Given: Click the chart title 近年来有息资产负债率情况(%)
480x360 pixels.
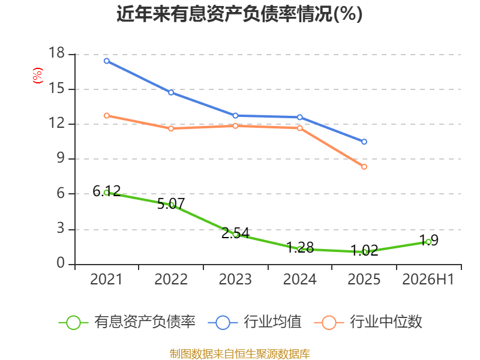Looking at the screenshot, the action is pyautogui.click(x=239, y=14).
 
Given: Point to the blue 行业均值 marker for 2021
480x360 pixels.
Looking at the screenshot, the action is pyautogui.click(x=107, y=61).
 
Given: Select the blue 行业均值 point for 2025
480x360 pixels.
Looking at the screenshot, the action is pyautogui.click(x=364, y=142).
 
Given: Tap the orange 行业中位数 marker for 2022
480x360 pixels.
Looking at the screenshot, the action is pyautogui.click(x=171, y=128).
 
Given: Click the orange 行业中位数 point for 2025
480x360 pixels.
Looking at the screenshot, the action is pyautogui.click(x=364, y=167).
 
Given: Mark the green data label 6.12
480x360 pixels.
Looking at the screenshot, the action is pyautogui.click(x=107, y=191).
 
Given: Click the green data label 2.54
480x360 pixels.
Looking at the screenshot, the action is pyautogui.click(x=235, y=233).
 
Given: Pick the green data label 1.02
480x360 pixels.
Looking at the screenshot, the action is pyautogui.click(x=364, y=250).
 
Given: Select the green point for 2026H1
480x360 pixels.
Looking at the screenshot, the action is pyautogui.click(x=428, y=242).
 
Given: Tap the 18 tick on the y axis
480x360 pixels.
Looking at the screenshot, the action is pyautogui.click(x=56, y=53).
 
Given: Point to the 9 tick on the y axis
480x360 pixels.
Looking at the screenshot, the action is pyautogui.click(x=61, y=158).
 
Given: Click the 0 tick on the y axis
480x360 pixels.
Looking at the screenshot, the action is pyautogui.click(x=61, y=263).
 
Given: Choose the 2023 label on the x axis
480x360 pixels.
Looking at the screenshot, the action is pyautogui.click(x=235, y=280).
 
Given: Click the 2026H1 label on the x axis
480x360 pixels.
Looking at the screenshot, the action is pyautogui.click(x=428, y=280).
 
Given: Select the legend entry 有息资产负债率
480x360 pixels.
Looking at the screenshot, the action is pyautogui.click(x=127, y=322).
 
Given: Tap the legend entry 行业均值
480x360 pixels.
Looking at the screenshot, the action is pyautogui.click(x=254, y=322).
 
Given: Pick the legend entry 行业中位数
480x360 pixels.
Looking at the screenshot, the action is pyautogui.click(x=368, y=322).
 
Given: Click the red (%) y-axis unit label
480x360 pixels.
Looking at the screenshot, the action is pyautogui.click(x=38, y=76).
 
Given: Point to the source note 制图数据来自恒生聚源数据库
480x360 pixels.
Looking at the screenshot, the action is pyautogui.click(x=239, y=354).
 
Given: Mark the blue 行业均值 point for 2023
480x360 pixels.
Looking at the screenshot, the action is pyautogui.click(x=235, y=116).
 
